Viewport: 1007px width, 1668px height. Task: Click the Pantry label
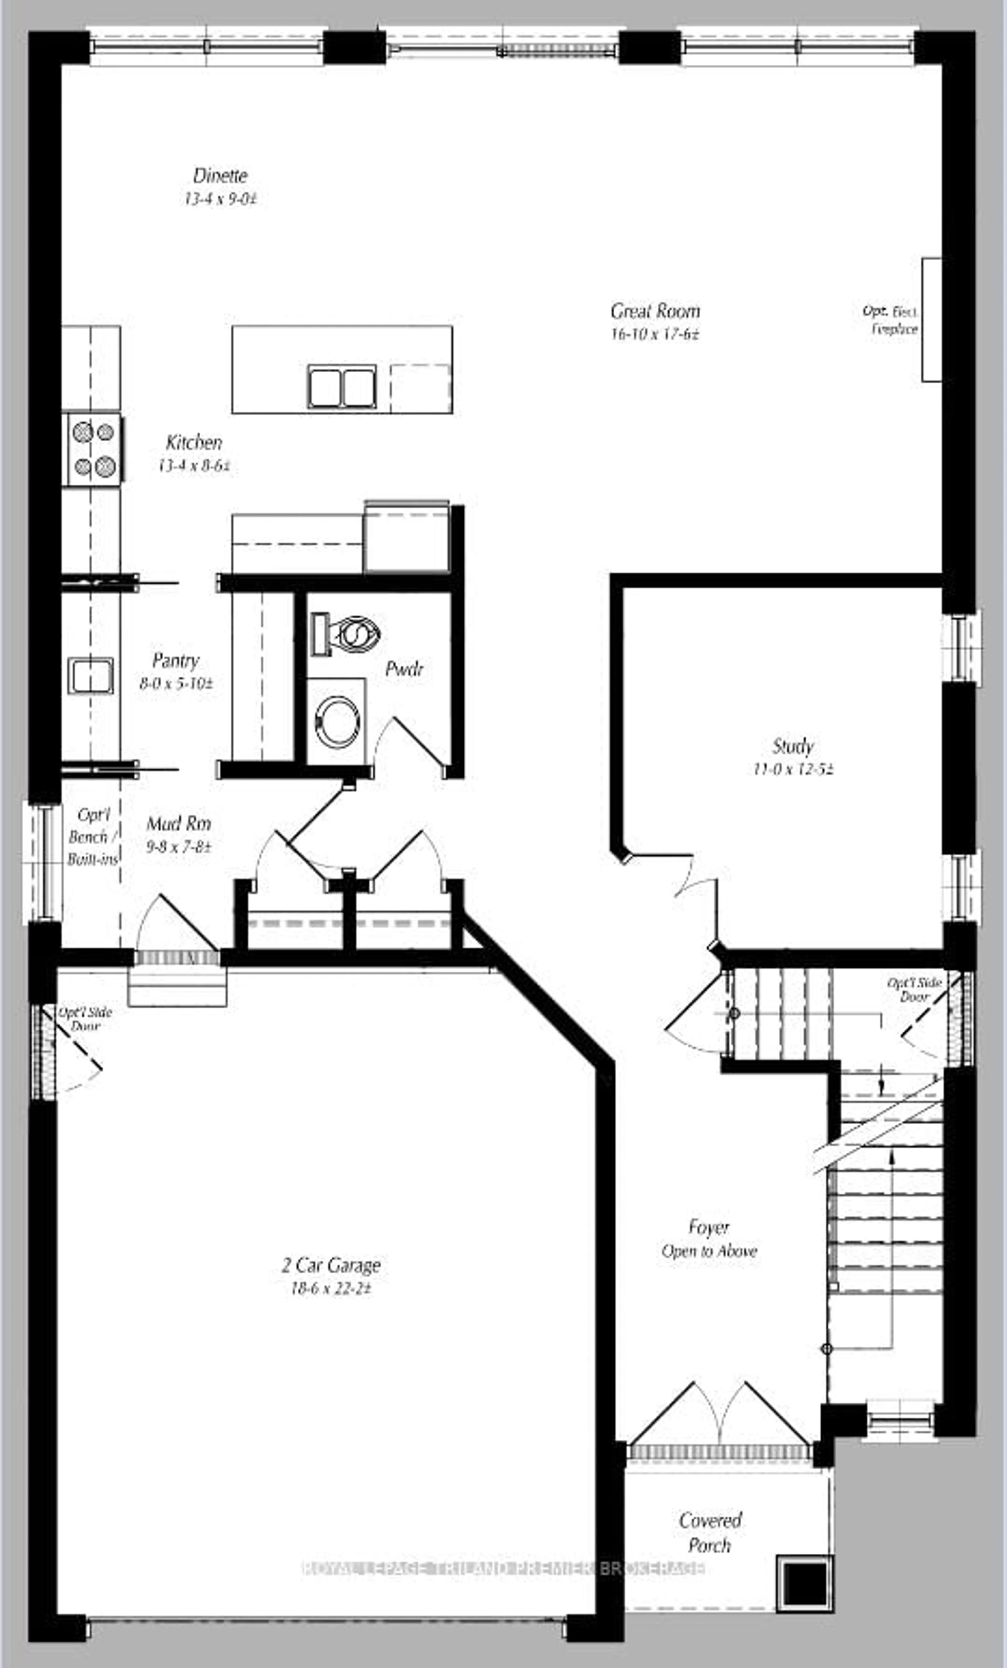click(x=175, y=660)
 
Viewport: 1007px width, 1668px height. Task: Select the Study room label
click(x=792, y=746)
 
